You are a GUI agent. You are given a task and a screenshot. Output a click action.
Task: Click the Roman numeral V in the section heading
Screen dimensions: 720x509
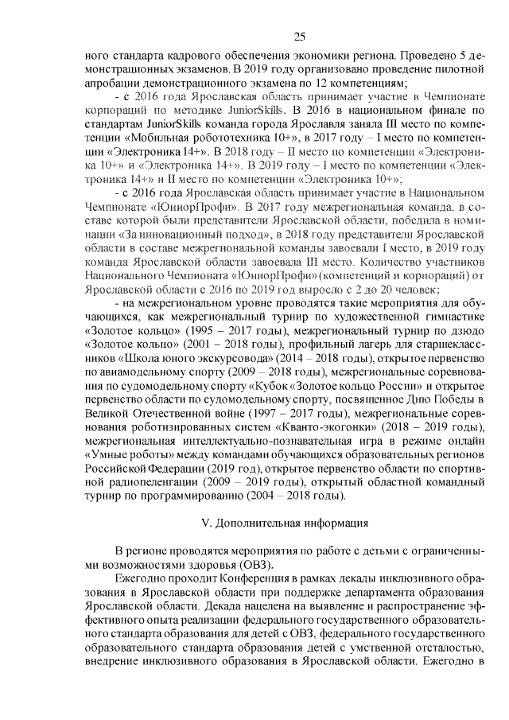[208, 523]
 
